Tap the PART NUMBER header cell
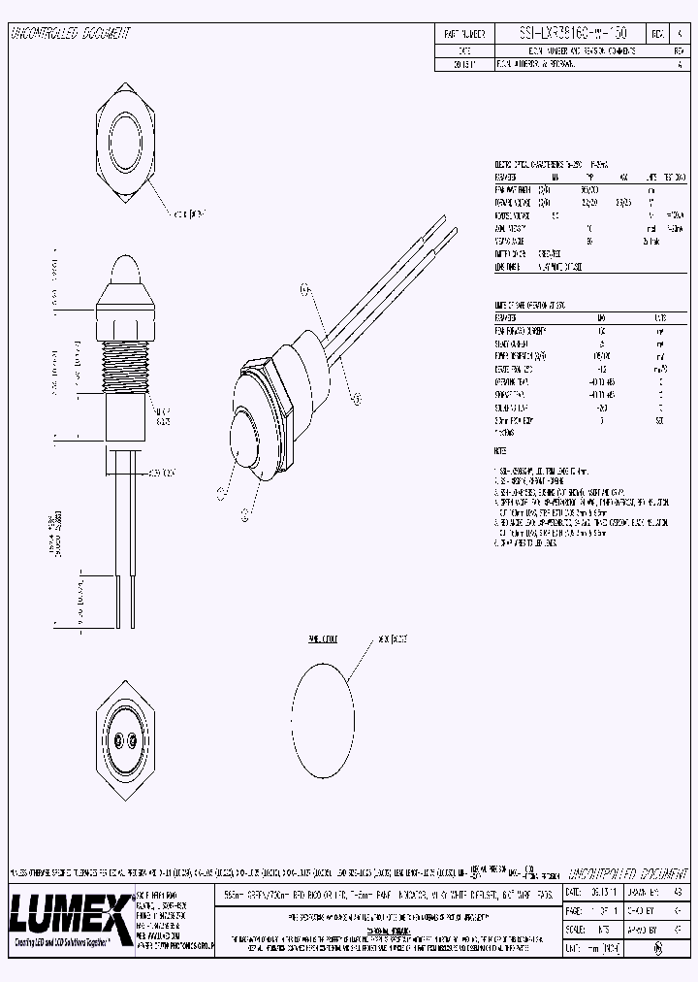462,33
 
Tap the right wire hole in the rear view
134,743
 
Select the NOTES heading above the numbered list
500,452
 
